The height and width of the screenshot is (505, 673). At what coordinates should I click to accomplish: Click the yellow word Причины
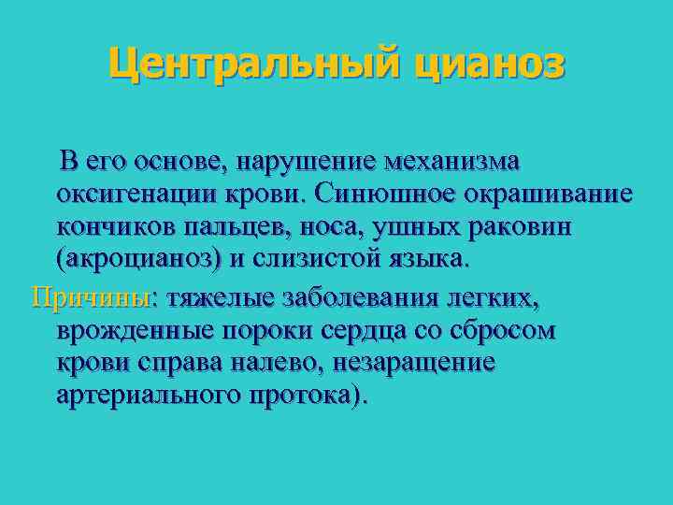pos(92,297)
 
